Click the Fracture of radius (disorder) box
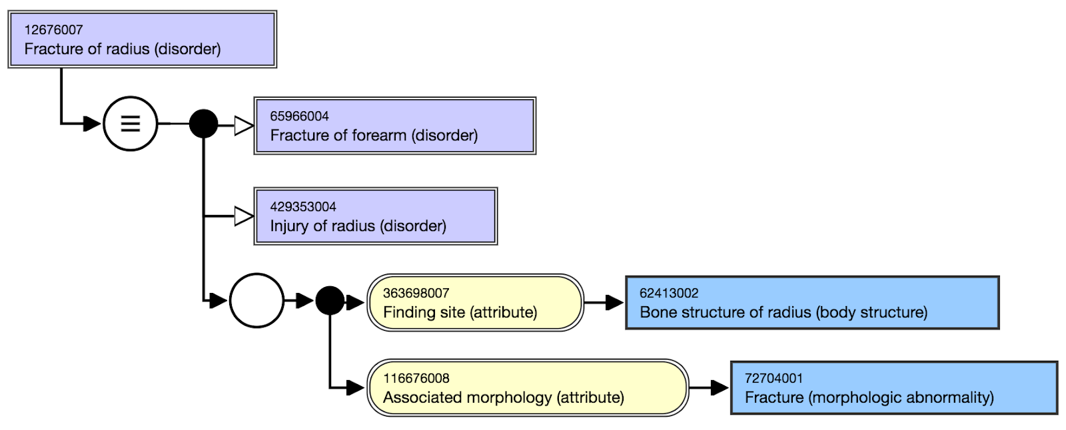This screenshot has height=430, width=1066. [x=143, y=39]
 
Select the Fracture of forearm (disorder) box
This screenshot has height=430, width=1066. [x=395, y=126]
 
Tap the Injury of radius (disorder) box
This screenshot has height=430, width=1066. [x=376, y=216]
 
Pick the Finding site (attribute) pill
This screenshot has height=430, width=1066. [x=476, y=302]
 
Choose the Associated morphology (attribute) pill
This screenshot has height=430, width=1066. [x=528, y=387]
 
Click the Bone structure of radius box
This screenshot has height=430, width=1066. [x=812, y=302]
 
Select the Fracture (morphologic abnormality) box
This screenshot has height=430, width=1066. [x=894, y=387]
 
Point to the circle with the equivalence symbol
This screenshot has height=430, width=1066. [x=131, y=124]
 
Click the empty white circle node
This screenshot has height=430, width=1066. [x=257, y=301]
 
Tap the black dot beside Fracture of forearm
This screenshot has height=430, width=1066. [x=204, y=124]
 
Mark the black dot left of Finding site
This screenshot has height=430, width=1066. [x=330, y=301]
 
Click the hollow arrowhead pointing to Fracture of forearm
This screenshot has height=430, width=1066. [x=244, y=126]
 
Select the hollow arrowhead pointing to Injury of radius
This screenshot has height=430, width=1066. [x=244, y=216]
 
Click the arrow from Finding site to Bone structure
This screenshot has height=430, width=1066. [x=604, y=302]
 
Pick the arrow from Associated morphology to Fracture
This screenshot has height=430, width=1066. [x=709, y=387]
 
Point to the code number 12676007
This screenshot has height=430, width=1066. [x=54, y=30]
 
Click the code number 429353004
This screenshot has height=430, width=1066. [x=303, y=207]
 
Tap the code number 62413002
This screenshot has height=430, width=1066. [x=669, y=293]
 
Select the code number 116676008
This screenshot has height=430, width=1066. [x=416, y=378]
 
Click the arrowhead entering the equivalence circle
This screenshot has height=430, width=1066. [x=93, y=124]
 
